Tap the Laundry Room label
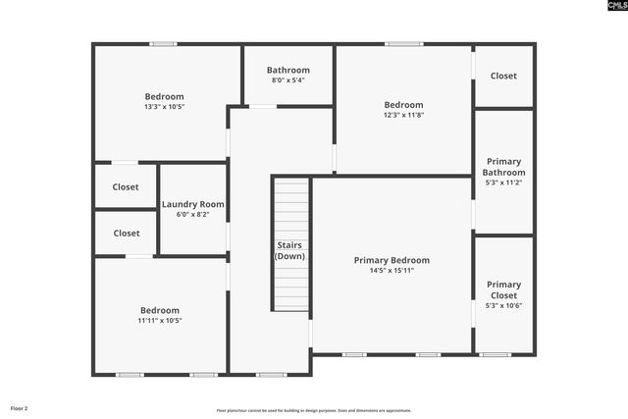[192, 204]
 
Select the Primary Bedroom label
[392, 260]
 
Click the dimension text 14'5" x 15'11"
[392, 271]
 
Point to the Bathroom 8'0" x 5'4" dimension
[288, 80]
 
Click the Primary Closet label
[504, 289]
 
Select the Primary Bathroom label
[503, 167]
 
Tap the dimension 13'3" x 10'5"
[164, 107]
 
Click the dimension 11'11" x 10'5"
[160, 320]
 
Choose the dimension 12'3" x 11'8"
[403, 116]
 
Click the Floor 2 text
[20, 407]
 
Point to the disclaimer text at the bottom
[314, 410]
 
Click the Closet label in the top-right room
[503, 76]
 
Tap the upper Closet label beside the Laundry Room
[126, 186]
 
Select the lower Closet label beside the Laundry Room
[126, 234]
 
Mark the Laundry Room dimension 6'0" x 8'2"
[192, 215]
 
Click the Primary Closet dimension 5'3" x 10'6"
[504, 306]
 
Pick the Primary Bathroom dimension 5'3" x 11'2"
[503, 183]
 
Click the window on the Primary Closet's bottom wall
[496, 354]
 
